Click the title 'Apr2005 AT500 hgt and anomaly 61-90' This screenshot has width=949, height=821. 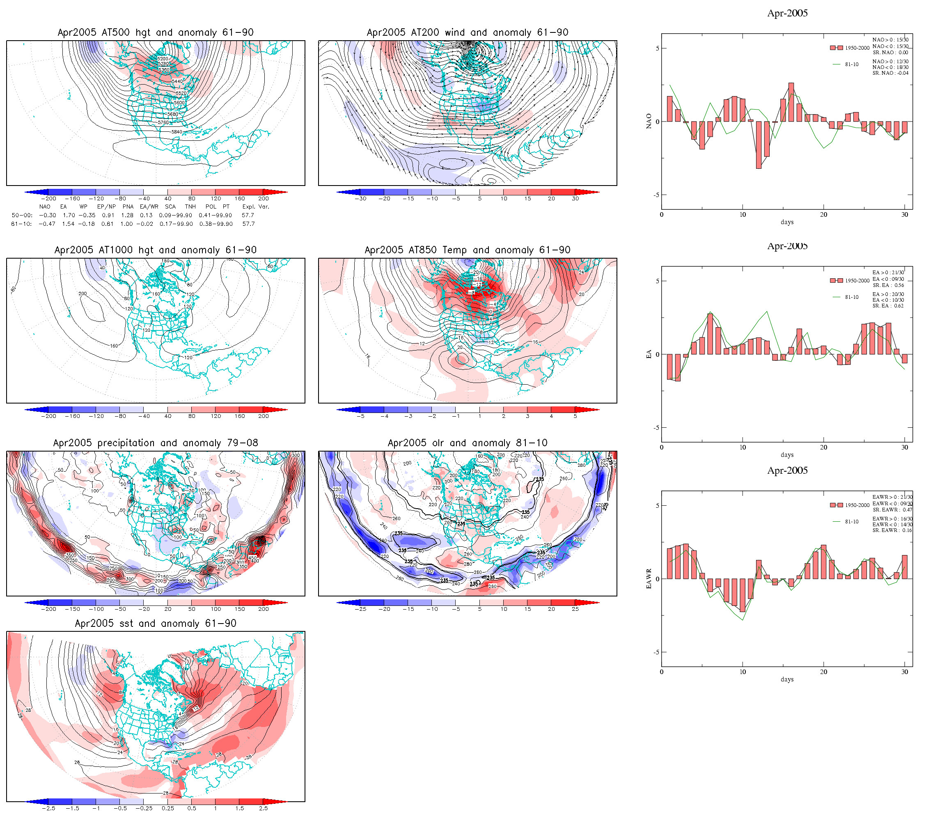155,32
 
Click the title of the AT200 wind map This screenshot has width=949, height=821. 467,32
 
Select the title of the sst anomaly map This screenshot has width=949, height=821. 155,624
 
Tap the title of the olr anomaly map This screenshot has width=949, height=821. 467,443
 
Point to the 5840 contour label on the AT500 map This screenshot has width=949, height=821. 177,132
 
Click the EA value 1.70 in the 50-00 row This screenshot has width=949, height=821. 69,216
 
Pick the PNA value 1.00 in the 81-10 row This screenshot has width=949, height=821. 126,224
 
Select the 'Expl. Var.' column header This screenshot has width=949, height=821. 256,206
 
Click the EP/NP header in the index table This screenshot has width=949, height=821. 106,206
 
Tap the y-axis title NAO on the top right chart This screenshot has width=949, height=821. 649,122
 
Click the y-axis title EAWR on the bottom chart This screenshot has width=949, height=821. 649,579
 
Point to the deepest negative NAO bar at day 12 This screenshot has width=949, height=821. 759,145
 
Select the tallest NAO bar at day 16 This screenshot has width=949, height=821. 791,102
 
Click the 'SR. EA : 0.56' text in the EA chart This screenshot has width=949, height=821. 888,285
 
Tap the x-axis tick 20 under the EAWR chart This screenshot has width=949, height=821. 823,672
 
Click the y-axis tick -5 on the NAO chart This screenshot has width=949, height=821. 657,195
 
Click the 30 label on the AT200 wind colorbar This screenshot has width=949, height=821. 575,199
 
